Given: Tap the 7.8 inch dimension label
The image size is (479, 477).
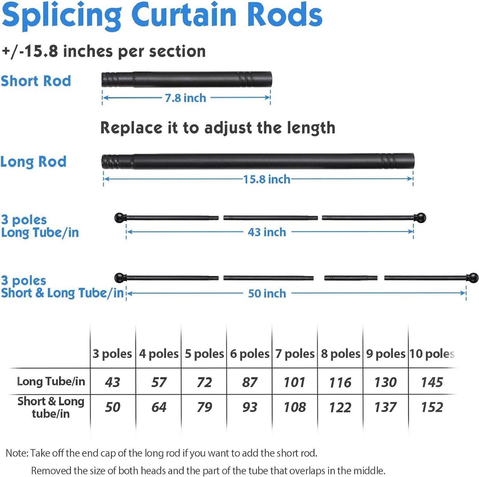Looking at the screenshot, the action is click(186, 98).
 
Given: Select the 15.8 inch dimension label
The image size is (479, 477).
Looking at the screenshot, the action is click(267, 179).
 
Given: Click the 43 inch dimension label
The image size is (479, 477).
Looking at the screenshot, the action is click(267, 232).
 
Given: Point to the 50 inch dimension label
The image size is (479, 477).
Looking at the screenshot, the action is click(267, 293).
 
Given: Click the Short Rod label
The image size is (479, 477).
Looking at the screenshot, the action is click(36, 81).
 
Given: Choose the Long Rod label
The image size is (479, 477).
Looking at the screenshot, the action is click(34, 162).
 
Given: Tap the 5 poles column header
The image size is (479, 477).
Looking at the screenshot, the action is click(204, 354).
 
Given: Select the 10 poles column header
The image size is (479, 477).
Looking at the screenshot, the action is click(432, 354).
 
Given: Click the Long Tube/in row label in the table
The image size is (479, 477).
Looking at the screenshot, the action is click(51, 381).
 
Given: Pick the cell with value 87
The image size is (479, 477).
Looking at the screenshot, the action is click(250, 382).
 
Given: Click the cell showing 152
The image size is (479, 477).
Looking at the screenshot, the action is click(432, 407).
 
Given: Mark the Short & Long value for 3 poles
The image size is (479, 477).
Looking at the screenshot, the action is click(113, 407).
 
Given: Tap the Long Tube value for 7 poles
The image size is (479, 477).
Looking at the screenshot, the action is click(295, 382).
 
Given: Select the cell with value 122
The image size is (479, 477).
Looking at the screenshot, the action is click(340, 407).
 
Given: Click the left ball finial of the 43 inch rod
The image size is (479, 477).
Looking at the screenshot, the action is click(120, 218).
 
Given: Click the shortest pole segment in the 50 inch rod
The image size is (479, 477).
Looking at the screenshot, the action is click(351, 278).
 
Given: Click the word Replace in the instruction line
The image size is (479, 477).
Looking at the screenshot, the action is click(132, 128).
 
